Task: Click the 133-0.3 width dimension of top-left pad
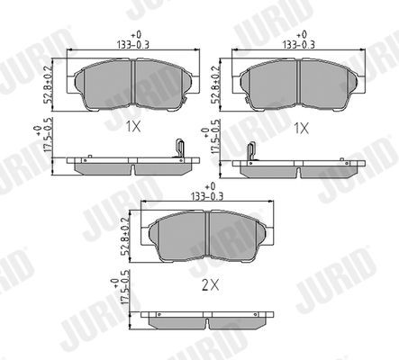(133, 45)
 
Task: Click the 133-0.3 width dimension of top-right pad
(298, 45)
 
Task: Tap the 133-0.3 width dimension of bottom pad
(207, 196)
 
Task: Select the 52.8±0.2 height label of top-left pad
(48, 85)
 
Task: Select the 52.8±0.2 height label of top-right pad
(214, 85)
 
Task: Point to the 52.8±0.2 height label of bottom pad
(125, 237)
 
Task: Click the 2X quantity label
(211, 285)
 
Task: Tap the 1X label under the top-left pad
(133, 127)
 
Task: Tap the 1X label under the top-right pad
(301, 129)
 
